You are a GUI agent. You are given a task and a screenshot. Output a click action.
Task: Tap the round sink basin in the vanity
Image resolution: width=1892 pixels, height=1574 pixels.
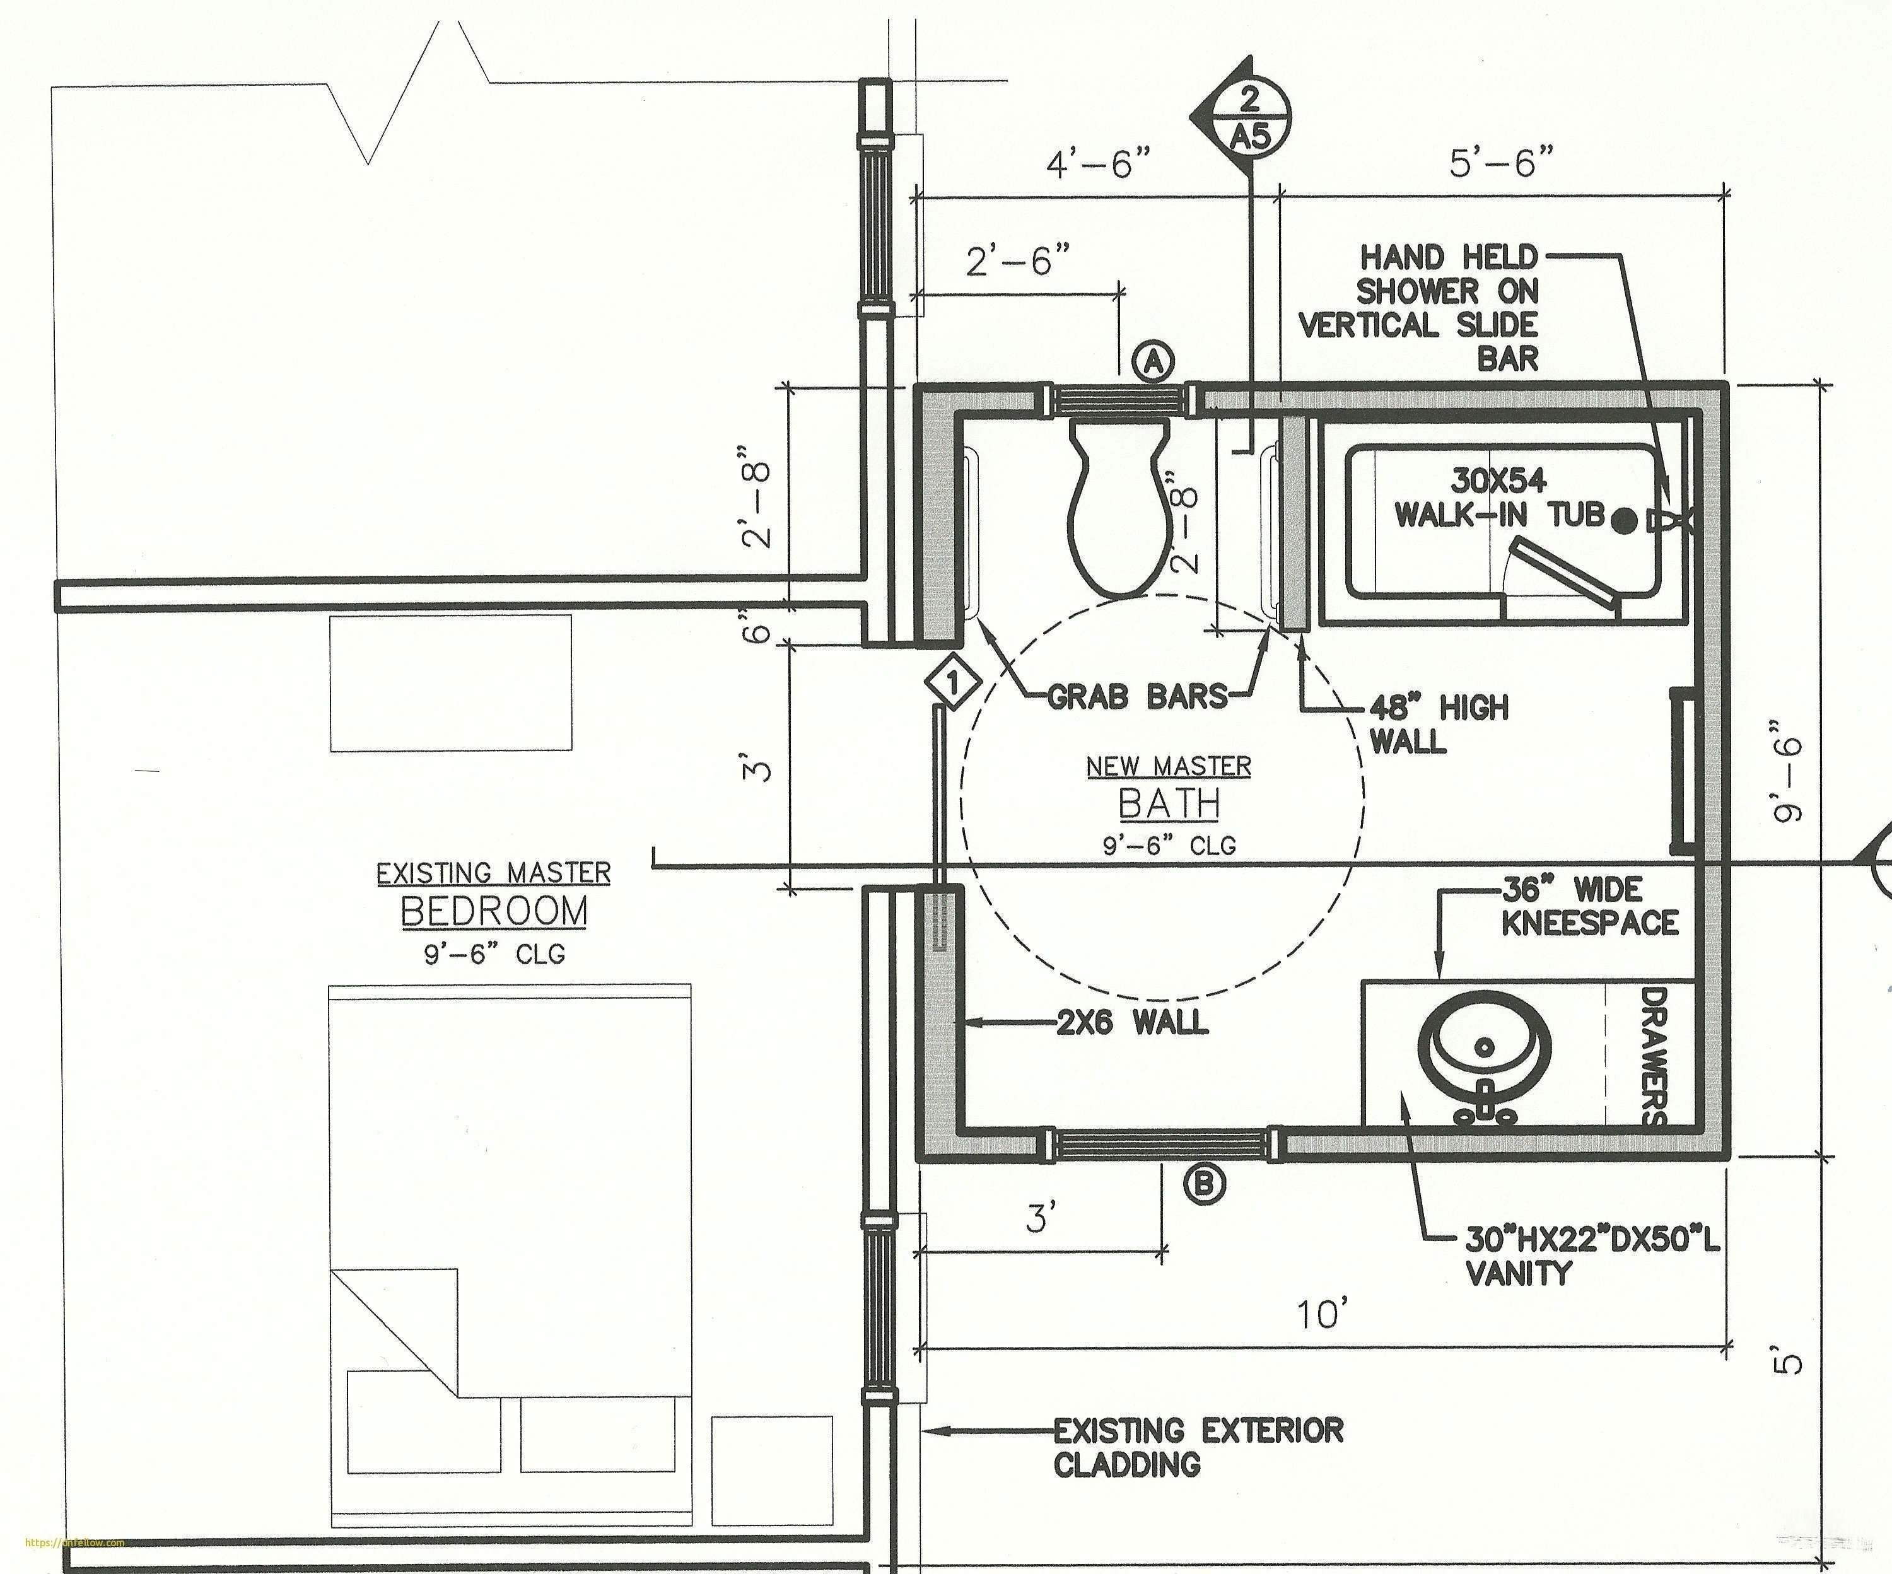(1484, 1048)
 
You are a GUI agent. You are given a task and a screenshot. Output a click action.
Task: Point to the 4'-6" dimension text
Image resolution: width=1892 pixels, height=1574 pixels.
(1099, 165)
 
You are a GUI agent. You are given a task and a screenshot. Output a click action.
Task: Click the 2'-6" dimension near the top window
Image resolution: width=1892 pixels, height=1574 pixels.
(1019, 262)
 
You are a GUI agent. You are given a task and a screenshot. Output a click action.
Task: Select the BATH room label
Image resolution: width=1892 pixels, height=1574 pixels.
(1169, 803)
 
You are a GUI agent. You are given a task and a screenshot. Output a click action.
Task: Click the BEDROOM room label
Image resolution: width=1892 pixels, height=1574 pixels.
(494, 912)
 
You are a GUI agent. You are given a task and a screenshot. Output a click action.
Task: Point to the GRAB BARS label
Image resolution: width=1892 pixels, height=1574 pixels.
(1137, 696)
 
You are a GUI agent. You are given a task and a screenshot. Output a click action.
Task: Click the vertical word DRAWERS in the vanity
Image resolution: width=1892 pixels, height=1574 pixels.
(1654, 1056)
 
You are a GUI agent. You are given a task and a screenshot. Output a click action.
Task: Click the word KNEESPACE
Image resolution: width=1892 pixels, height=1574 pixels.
(1589, 923)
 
